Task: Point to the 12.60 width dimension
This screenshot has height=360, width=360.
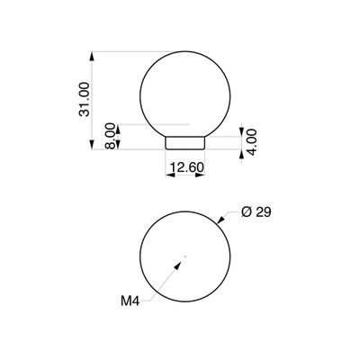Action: tap(186, 166)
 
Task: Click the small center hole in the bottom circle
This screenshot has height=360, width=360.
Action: tap(184, 259)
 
